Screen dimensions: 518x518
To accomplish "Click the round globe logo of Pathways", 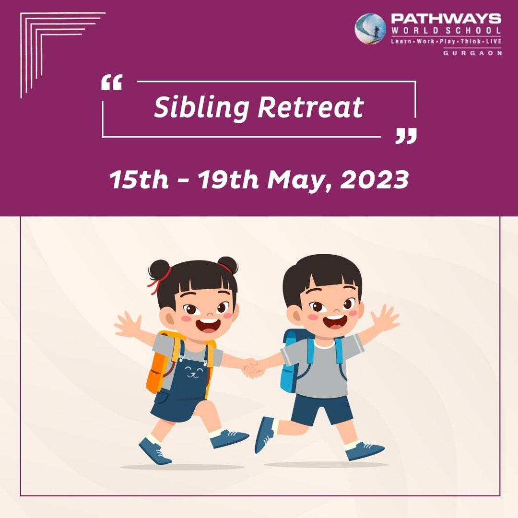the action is (370, 29).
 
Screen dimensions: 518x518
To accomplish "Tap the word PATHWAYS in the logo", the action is (446, 19).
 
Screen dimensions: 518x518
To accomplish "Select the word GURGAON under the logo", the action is (472, 53).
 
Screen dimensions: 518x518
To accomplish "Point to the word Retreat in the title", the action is (310, 107).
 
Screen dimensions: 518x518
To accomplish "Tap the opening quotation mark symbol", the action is (112, 82).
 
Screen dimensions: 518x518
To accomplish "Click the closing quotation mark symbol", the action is (406, 136).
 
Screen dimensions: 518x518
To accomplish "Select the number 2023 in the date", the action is (374, 180).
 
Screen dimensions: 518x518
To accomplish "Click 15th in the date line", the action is (139, 180).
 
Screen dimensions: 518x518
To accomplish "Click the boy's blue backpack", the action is (293, 360).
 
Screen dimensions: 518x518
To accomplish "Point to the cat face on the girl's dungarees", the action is (194, 372).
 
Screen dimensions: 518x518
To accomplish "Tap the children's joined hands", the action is (254, 369).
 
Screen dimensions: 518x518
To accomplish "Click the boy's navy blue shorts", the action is (321, 410).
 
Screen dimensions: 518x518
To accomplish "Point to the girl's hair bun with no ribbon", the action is (228, 265).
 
